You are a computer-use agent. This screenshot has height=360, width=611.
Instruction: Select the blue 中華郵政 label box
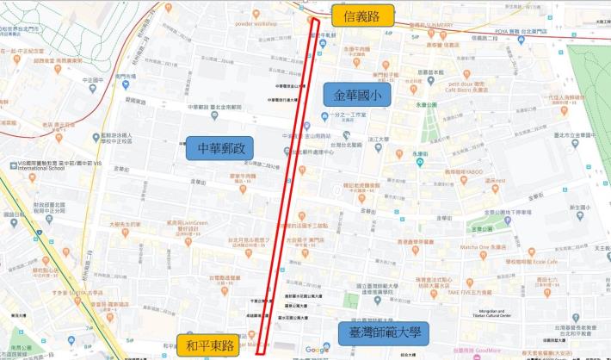point(220,150)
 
